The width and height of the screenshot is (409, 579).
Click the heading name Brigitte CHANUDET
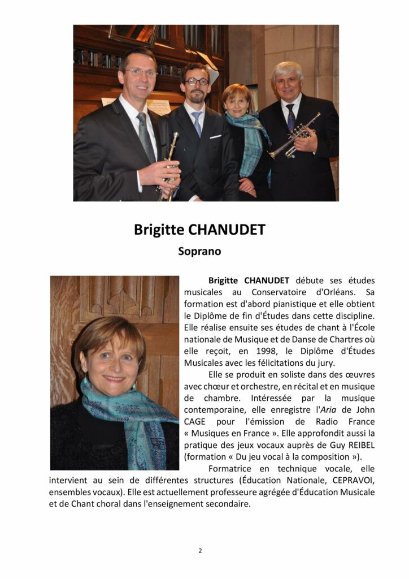pos(199,230)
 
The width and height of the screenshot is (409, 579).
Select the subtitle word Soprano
pos(199,250)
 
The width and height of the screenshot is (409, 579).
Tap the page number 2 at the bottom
pos(200,551)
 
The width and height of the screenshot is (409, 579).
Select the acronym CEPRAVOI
pos(350,481)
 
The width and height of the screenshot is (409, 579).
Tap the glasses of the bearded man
pos(197,82)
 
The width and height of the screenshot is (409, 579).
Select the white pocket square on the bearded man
pos(216,136)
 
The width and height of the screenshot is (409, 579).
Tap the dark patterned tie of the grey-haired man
pos(291,117)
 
